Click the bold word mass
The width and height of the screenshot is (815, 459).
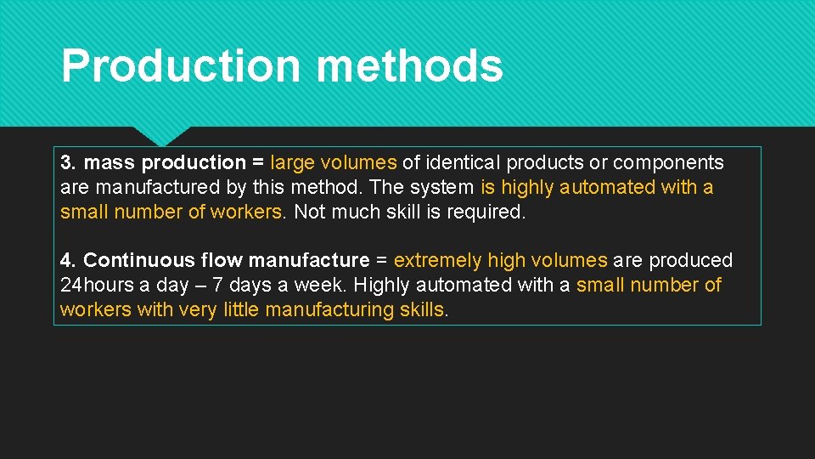(x=110, y=162)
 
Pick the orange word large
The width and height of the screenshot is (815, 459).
(x=292, y=162)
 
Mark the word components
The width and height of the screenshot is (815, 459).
(x=668, y=162)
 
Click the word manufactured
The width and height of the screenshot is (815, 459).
(x=155, y=187)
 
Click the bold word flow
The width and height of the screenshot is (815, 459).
(x=221, y=260)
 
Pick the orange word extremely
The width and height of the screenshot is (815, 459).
(x=437, y=260)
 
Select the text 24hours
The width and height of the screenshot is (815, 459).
(x=96, y=285)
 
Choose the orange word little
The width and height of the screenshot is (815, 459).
(x=242, y=309)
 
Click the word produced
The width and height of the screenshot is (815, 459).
(x=691, y=260)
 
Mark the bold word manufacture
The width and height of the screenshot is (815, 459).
(x=309, y=260)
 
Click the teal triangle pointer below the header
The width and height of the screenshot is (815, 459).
(x=161, y=134)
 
